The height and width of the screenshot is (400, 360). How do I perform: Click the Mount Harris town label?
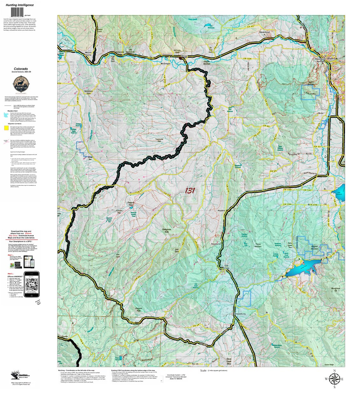tap(88, 53)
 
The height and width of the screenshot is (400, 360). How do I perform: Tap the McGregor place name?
tap(166, 64)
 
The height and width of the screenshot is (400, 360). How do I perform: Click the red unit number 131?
tap(190, 191)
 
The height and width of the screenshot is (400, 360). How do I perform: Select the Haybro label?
tap(221, 211)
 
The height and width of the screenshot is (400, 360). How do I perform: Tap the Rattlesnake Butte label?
tap(167, 231)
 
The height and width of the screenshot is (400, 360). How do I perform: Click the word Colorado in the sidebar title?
tap(20, 69)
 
